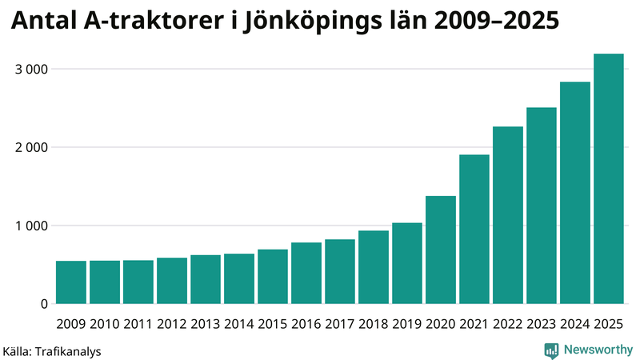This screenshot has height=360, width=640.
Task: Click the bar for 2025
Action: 608,179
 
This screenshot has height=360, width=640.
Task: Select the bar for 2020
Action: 440,250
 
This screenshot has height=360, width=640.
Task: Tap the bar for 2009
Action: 71,282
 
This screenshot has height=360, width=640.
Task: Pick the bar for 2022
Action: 507,215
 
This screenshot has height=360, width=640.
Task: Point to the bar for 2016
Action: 306,273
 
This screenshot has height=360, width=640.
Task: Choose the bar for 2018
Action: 373,267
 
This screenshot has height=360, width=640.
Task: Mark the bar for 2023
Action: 541,206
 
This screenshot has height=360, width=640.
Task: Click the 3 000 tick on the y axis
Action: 32,70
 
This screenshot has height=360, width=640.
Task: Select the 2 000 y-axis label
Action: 32,148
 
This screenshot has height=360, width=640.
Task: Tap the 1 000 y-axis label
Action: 32,226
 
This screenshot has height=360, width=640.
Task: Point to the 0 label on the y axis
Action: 44,304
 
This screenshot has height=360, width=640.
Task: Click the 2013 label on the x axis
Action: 206,324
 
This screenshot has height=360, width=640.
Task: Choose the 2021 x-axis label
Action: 474,324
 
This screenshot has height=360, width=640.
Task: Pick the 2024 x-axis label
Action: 574,324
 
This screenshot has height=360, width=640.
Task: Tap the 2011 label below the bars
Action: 138,324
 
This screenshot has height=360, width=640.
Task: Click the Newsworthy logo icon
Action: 551,350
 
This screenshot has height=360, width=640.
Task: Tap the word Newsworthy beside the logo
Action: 598,350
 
